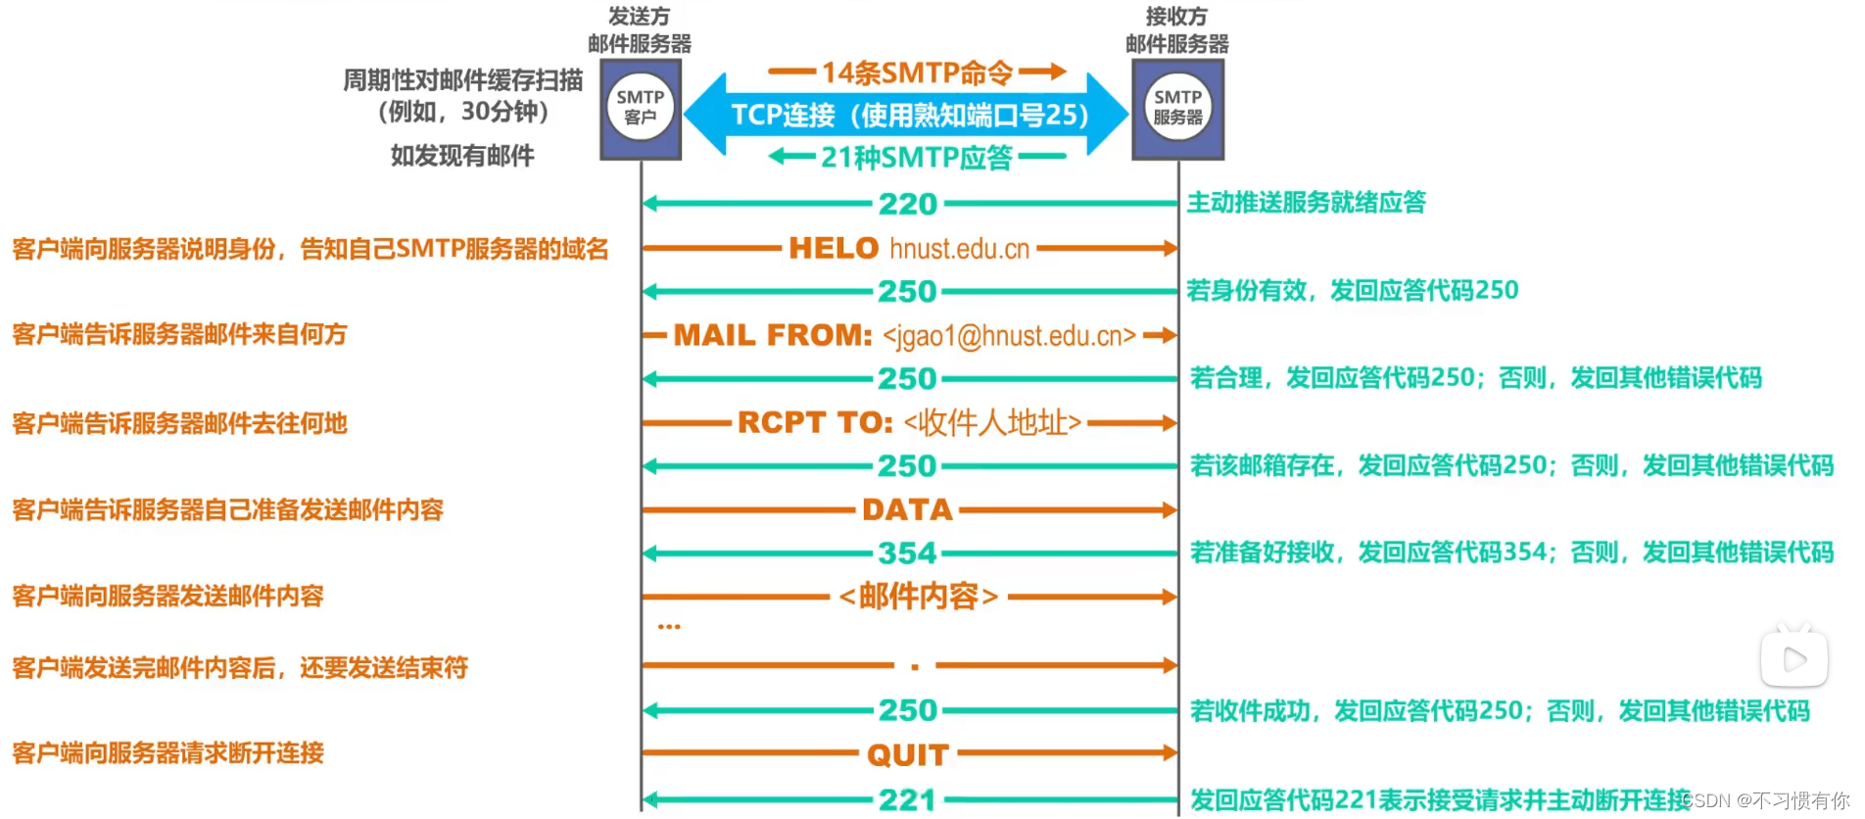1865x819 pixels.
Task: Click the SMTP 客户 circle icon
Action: pyautogui.click(x=641, y=107)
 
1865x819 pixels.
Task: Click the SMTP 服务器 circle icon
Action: pyautogui.click(x=1177, y=107)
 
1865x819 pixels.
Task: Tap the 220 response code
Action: pyautogui.click(x=908, y=204)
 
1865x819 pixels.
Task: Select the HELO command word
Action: pyautogui.click(x=834, y=248)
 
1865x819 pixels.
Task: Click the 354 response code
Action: pyautogui.click(x=907, y=554)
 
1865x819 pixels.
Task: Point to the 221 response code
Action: pyautogui.click(x=908, y=800)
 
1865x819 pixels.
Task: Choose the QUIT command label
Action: pyautogui.click(x=908, y=754)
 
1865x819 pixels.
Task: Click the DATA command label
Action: pyautogui.click(x=907, y=509)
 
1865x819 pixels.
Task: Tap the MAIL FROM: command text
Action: pyautogui.click(x=773, y=335)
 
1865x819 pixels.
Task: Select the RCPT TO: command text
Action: pyautogui.click(x=815, y=422)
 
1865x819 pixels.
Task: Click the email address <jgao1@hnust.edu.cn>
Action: pyautogui.click(x=1009, y=336)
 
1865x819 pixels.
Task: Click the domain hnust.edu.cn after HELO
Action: pyautogui.click(x=959, y=249)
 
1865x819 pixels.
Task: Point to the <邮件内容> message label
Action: pyautogui.click(x=919, y=596)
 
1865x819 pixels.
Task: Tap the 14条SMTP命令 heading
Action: pyautogui.click(x=917, y=72)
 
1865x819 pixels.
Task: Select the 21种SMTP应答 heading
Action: pyautogui.click(x=917, y=157)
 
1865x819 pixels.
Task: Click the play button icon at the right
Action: pyautogui.click(x=1793, y=659)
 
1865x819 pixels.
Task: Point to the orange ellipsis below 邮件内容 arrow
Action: pyautogui.click(x=669, y=626)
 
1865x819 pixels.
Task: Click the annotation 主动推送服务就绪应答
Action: pyautogui.click(x=1306, y=203)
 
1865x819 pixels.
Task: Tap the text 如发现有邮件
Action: pyautogui.click(x=462, y=156)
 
